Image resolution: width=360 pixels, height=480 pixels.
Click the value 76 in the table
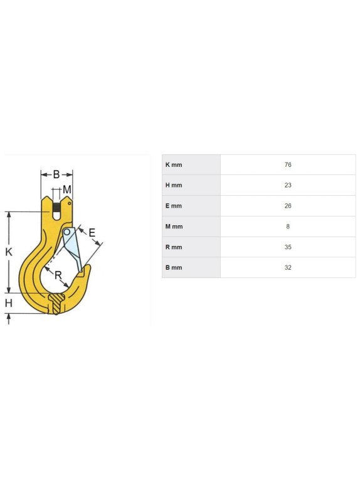[x=287, y=164]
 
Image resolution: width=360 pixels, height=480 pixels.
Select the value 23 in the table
[x=287, y=185]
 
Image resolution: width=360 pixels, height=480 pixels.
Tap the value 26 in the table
[x=287, y=206]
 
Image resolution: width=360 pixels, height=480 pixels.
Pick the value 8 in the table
[x=287, y=227]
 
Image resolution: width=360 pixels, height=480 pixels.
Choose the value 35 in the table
[x=287, y=247]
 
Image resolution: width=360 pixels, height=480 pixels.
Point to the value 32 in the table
[x=287, y=267]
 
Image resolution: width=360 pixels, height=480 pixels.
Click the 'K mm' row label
[x=174, y=164]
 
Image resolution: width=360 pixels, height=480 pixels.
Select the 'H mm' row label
[x=174, y=185]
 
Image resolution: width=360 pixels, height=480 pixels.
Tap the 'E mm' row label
[x=174, y=206]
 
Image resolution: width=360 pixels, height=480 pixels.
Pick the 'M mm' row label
[x=174, y=227]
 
